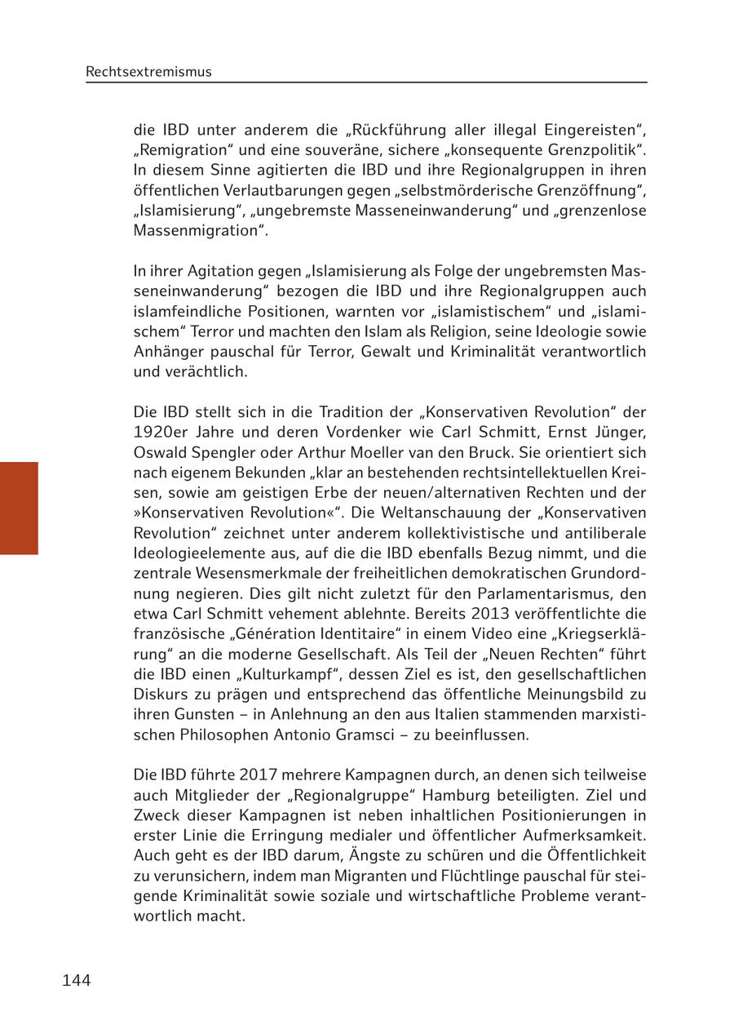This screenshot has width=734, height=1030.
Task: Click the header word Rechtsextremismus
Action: [148, 72]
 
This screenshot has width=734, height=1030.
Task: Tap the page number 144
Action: [76, 980]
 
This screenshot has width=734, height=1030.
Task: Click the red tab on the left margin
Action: [19, 508]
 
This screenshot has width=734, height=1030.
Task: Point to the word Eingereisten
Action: [589, 130]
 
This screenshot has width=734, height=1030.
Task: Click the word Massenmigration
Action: [197, 230]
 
